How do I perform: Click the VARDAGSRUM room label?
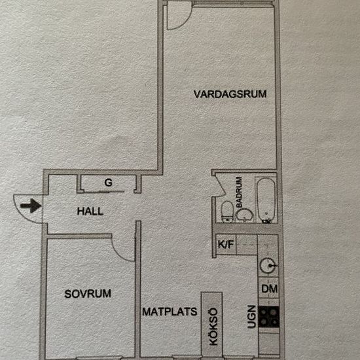tap(230, 94)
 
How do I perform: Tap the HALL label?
tap(90, 211)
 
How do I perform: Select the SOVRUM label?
tap(88, 294)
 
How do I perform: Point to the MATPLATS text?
tap(170, 312)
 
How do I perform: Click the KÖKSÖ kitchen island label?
tap(213, 327)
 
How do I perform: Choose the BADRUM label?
tap(239, 192)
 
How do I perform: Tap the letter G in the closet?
tap(109, 183)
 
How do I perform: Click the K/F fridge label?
tap(226, 244)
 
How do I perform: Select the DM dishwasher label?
tap(269, 289)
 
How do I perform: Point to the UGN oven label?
tap(251, 317)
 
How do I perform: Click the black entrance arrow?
tap(31, 206)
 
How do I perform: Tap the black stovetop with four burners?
tap(268, 317)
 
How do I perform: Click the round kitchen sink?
tap(268, 266)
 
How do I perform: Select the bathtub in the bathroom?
tap(266, 200)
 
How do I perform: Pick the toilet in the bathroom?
tap(227, 211)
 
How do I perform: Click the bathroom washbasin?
tap(245, 215)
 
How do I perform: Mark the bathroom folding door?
tap(220, 185)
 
